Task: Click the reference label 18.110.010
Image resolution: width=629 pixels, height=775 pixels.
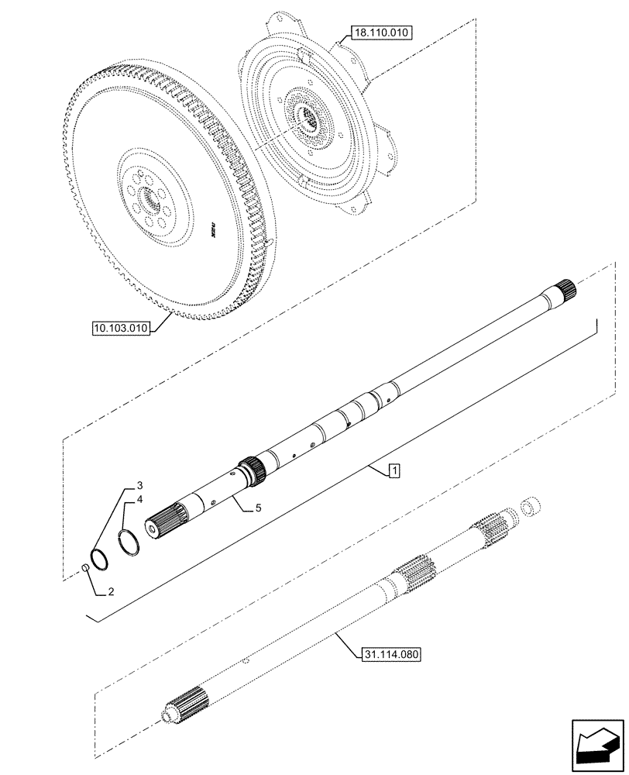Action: tap(383, 33)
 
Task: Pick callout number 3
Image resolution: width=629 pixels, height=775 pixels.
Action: tap(139, 486)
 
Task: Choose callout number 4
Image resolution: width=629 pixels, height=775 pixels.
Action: tap(139, 501)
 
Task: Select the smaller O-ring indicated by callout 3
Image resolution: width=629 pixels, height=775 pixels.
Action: tap(99, 556)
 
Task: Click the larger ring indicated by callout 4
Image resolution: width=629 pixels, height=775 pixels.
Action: tap(130, 541)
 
